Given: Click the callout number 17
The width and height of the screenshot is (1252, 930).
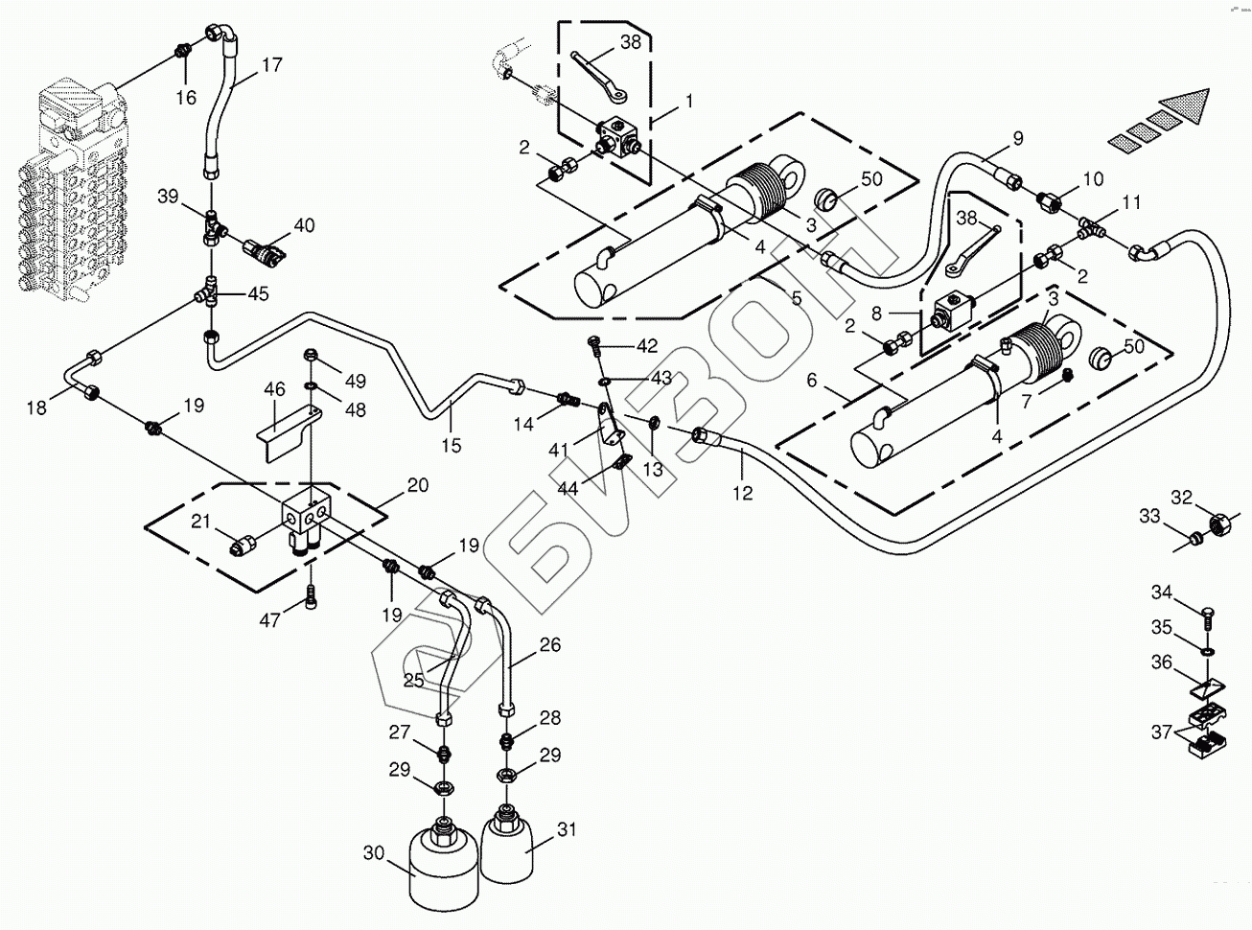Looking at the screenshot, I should click(272, 65).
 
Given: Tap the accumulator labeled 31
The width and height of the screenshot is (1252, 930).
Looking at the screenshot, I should click(506, 846).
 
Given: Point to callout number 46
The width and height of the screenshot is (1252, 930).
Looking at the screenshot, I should click(275, 389).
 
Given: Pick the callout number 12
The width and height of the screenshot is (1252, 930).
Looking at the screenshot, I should click(743, 493).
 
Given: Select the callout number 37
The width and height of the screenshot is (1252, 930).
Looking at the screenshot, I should click(1162, 733).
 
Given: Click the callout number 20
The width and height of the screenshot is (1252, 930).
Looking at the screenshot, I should click(417, 485).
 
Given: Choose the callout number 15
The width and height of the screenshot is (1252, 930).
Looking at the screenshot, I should click(452, 444).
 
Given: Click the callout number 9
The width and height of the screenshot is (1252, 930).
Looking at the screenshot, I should click(1018, 138).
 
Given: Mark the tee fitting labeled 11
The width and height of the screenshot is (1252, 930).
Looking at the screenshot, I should click(1090, 228).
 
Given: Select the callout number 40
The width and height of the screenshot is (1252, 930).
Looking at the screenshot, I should click(304, 225).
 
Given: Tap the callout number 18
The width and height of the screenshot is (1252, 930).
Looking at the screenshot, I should click(36, 408).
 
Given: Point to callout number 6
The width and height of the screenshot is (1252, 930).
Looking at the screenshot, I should click(812, 381).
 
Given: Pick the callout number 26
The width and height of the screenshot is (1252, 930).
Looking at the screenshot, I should click(549, 644).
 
